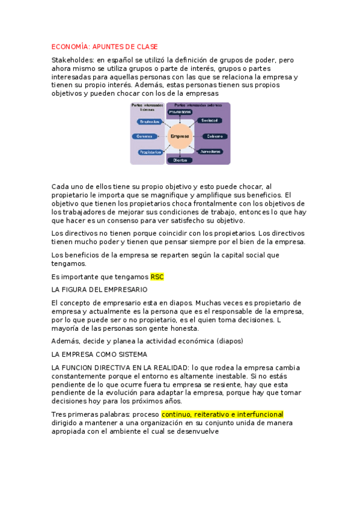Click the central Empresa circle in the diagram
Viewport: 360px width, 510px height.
(180, 137)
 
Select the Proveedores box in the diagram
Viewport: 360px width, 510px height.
(180, 112)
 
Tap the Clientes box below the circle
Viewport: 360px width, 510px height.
(180, 160)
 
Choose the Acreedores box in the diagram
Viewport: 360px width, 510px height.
(211, 152)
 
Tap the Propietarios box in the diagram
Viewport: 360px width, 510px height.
(150, 152)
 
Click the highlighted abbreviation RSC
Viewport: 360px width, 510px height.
(157, 277)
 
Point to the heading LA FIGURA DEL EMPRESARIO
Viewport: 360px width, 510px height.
(95, 289)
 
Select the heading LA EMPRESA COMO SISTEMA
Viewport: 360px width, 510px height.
(99, 354)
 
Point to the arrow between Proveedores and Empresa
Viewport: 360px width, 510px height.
(180, 119)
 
